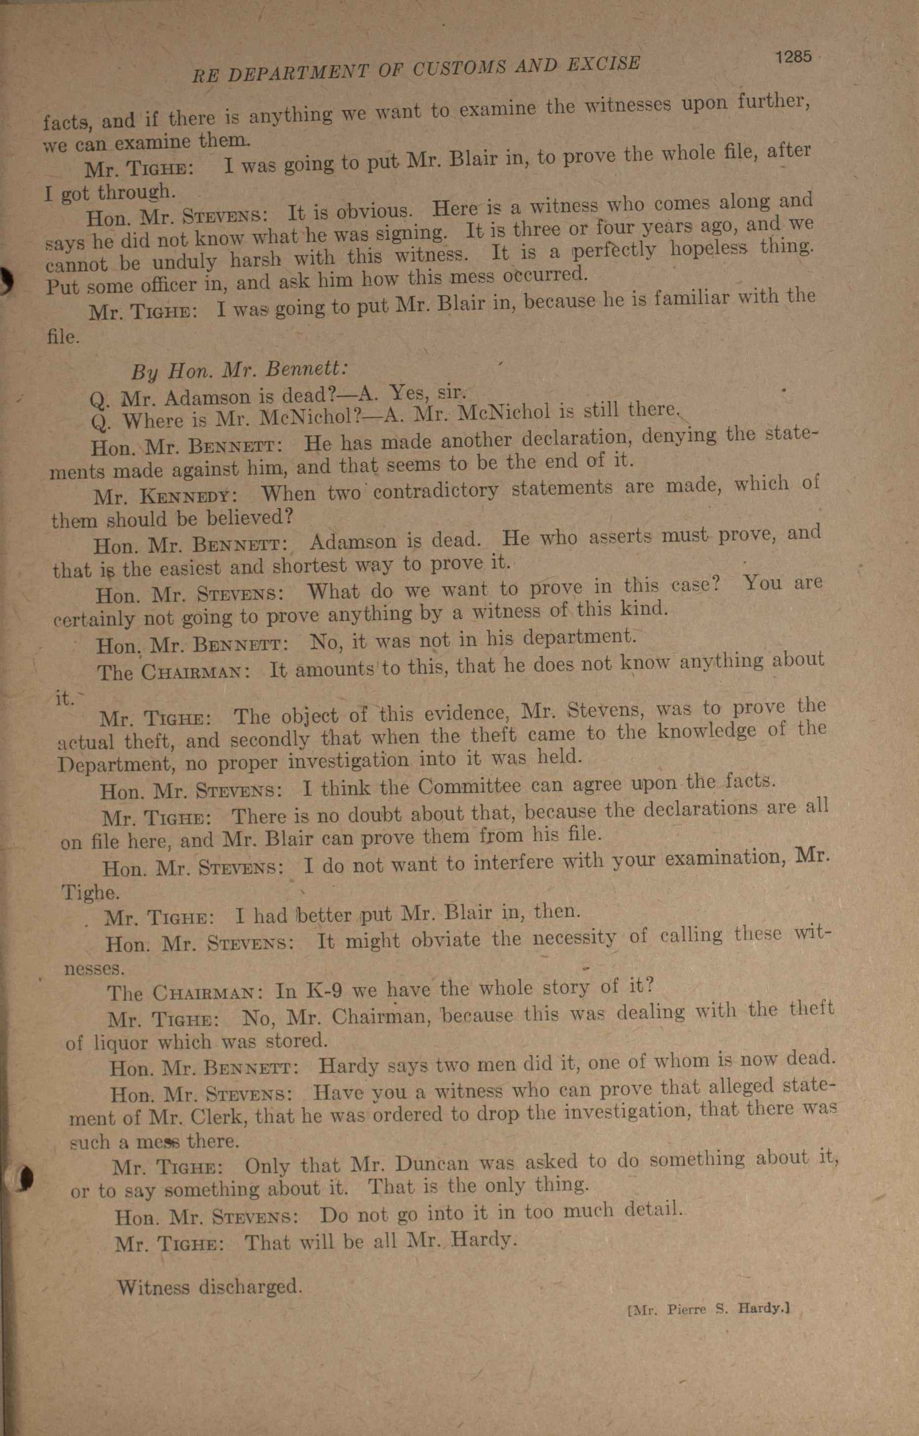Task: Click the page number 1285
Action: click(794, 57)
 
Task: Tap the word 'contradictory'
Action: click(436, 491)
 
